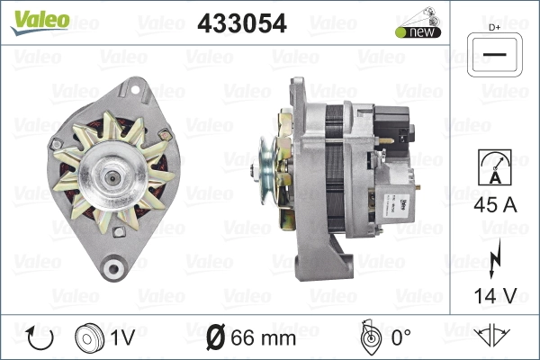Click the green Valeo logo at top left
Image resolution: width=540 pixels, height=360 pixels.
point(40,22)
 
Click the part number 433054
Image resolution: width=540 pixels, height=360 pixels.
point(242,23)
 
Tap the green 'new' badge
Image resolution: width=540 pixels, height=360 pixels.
point(418,32)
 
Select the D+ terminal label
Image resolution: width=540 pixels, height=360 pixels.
point(494,28)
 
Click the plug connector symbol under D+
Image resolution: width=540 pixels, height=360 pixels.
point(494,55)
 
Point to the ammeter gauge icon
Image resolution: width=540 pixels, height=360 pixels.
point(495,167)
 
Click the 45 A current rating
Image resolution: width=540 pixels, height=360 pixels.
point(495,205)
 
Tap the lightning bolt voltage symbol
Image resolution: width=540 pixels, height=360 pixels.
point(495,258)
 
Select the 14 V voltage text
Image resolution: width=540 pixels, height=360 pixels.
point(495,295)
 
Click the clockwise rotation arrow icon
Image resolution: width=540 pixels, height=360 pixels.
point(40,337)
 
